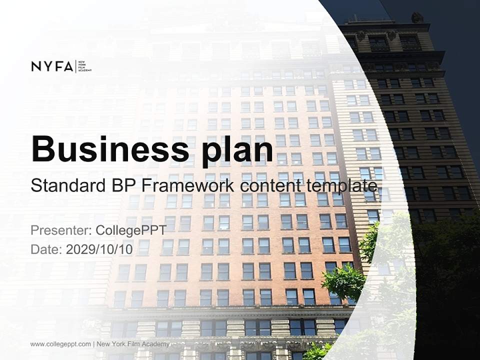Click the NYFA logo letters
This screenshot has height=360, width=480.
coord(52,66)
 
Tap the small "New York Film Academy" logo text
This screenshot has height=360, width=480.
coord(85,66)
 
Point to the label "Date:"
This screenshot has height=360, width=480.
coord(46,248)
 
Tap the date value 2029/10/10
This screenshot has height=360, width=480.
coord(99,248)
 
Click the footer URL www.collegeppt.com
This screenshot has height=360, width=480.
coord(60,344)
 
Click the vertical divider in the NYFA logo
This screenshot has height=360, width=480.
coord(75,66)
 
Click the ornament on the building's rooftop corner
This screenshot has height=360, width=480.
coord(417,17)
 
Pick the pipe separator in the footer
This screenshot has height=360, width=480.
coord(94,344)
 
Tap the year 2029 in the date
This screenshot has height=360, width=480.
coord(78,248)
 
